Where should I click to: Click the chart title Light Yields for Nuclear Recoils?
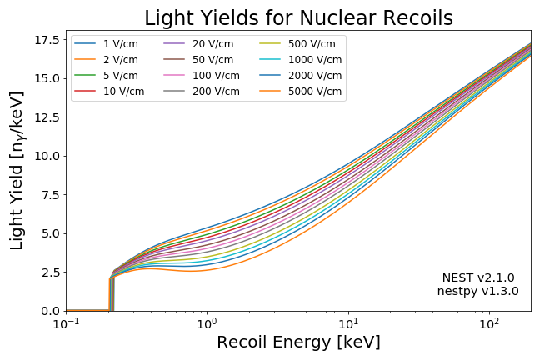tap(298, 17)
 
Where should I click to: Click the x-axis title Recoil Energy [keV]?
tap(298, 342)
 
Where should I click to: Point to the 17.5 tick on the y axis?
tap(45, 39)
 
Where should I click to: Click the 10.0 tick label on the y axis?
tap(45, 156)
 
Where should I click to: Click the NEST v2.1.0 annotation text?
tap(477, 277)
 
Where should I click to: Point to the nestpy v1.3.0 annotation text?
tap(477, 292)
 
